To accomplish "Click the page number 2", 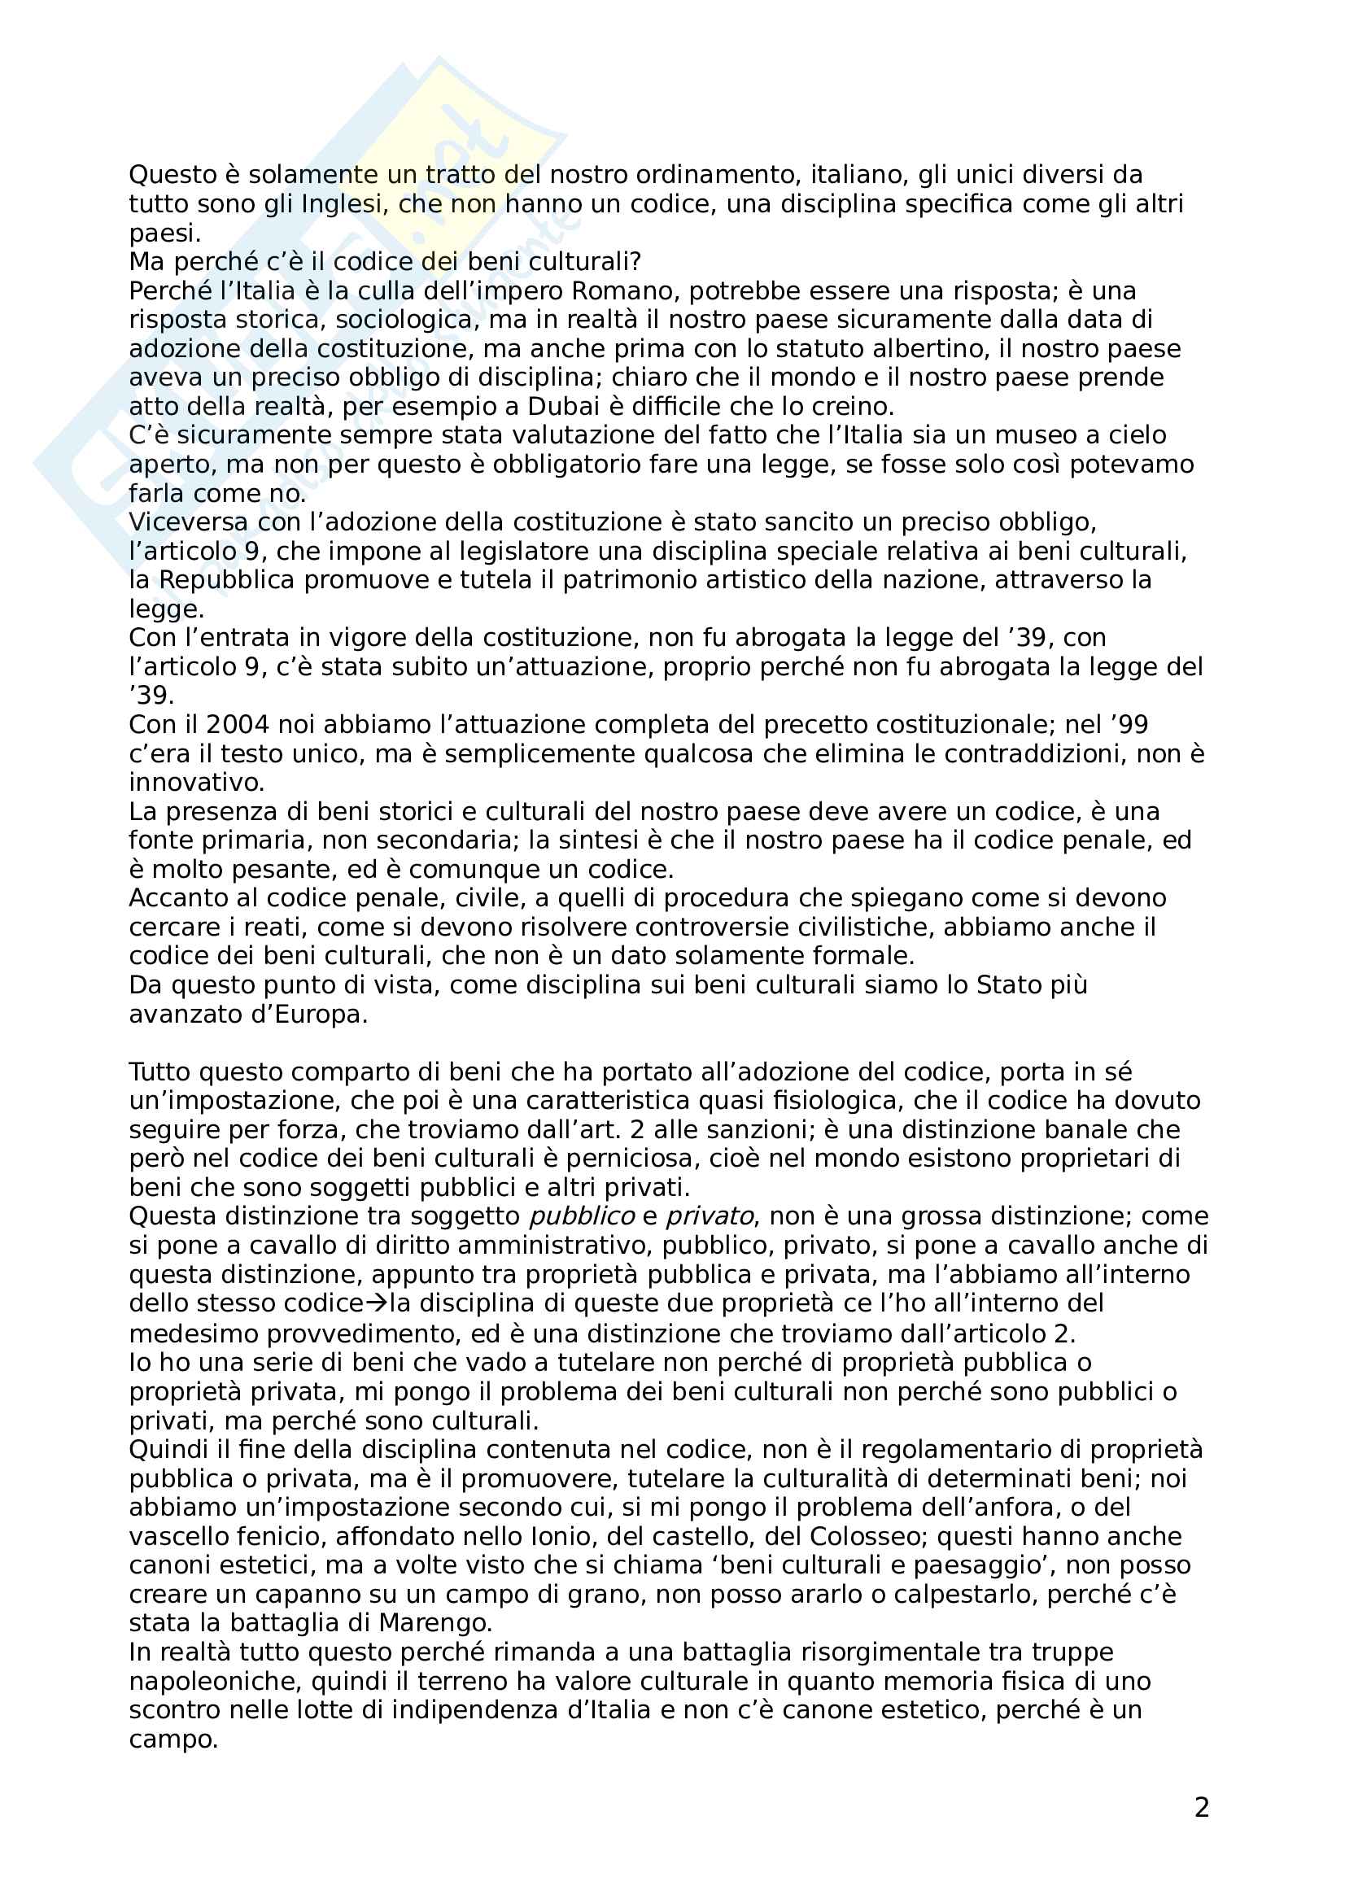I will pyautogui.click(x=1202, y=1807).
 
